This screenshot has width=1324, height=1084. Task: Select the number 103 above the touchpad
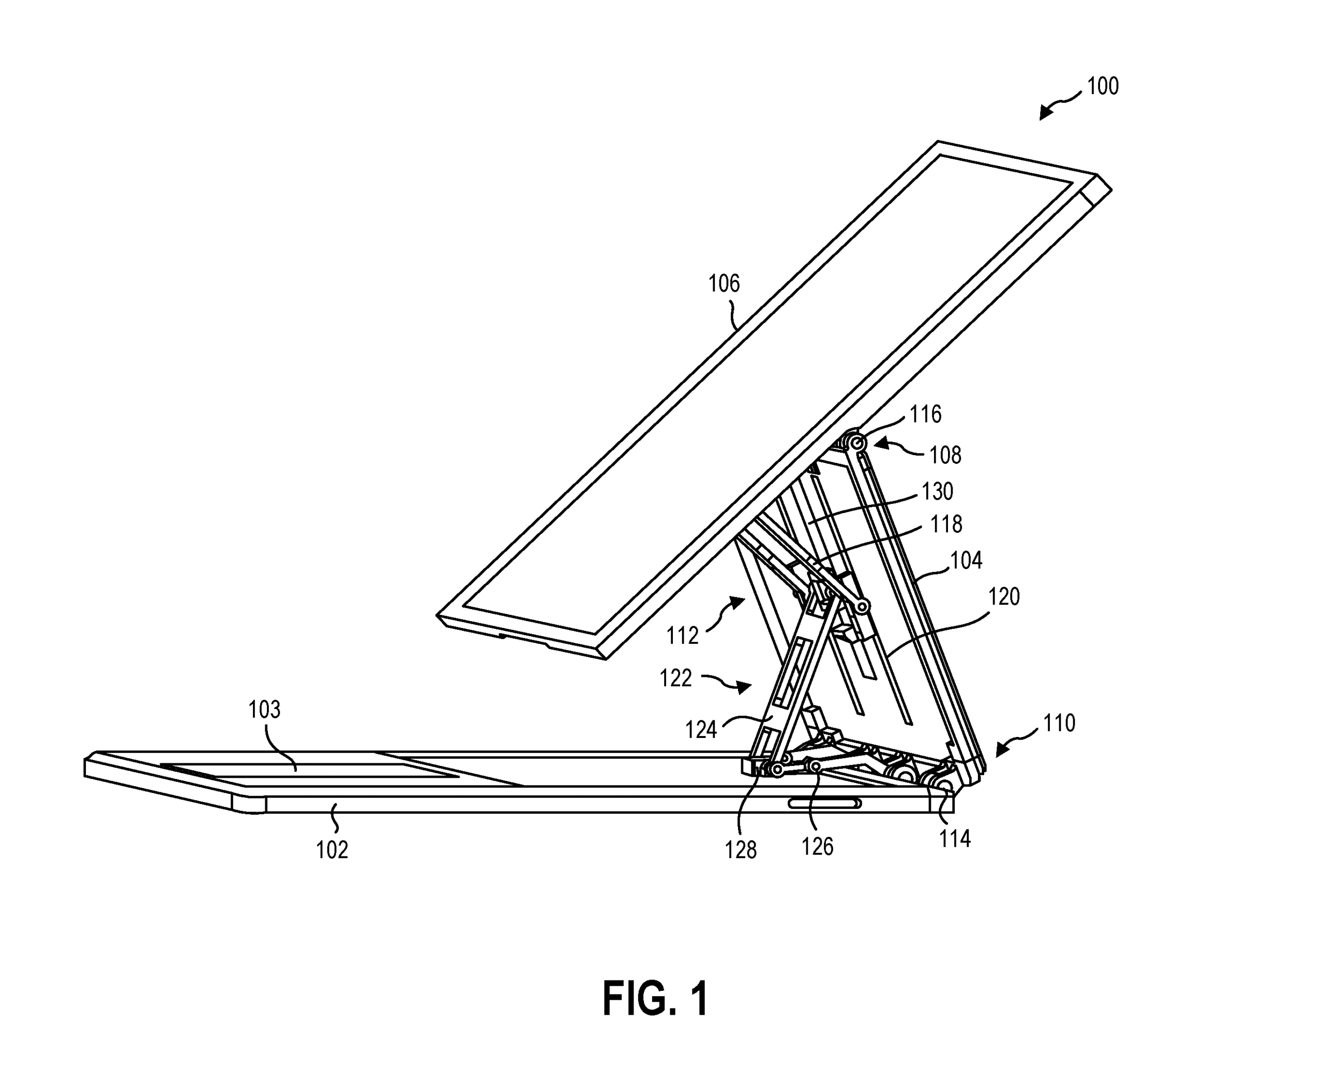click(264, 710)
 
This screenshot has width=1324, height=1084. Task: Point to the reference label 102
click(332, 850)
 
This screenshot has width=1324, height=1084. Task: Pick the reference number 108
click(945, 455)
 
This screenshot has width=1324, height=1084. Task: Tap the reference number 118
click(945, 524)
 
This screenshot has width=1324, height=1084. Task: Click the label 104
click(966, 561)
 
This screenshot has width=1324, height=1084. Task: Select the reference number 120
click(1004, 597)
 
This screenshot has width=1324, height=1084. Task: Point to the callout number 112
click(682, 636)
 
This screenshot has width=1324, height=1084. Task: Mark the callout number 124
click(701, 730)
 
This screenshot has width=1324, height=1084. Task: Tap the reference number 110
click(1059, 724)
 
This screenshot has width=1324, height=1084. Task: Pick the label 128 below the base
click(741, 850)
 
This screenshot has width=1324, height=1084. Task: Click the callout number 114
click(954, 839)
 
